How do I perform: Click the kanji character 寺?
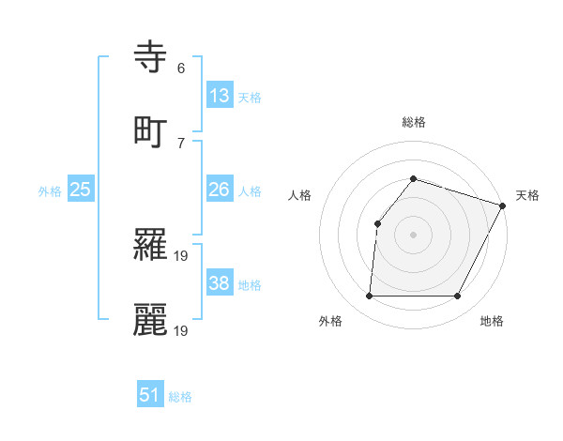pyautogui.click(x=151, y=57)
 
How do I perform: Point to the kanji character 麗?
pyautogui.click(x=151, y=319)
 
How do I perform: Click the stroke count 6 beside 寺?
pyautogui.click(x=181, y=68)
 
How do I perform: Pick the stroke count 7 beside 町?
pyautogui.click(x=181, y=143)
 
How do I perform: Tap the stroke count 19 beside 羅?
pyautogui.click(x=182, y=255)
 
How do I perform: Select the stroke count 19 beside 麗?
pyautogui.click(x=182, y=330)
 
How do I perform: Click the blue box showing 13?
pyautogui.click(x=219, y=96)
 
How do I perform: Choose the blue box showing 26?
pyautogui.click(x=219, y=190)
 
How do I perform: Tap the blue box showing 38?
pyautogui.click(x=219, y=283)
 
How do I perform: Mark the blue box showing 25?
pyautogui.click(x=80, y=190)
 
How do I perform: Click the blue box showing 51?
pyautogui.click(x=150, y=395)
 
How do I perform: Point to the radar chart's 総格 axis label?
pyautogui.click(x=413, y=122)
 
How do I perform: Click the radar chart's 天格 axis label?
pyautogui.click(x=527, y=195)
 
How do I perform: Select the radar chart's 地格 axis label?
pyautogui.click(x=492, y=321)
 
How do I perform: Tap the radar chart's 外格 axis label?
pyautogui.click(x=330, y=321)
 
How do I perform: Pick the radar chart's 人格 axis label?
pyautogui.click(x=299, y=195)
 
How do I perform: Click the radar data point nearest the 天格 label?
pyautogui.click(x=503, y=206)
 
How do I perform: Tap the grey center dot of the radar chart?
pyautogui.click(x=413, y=235)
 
